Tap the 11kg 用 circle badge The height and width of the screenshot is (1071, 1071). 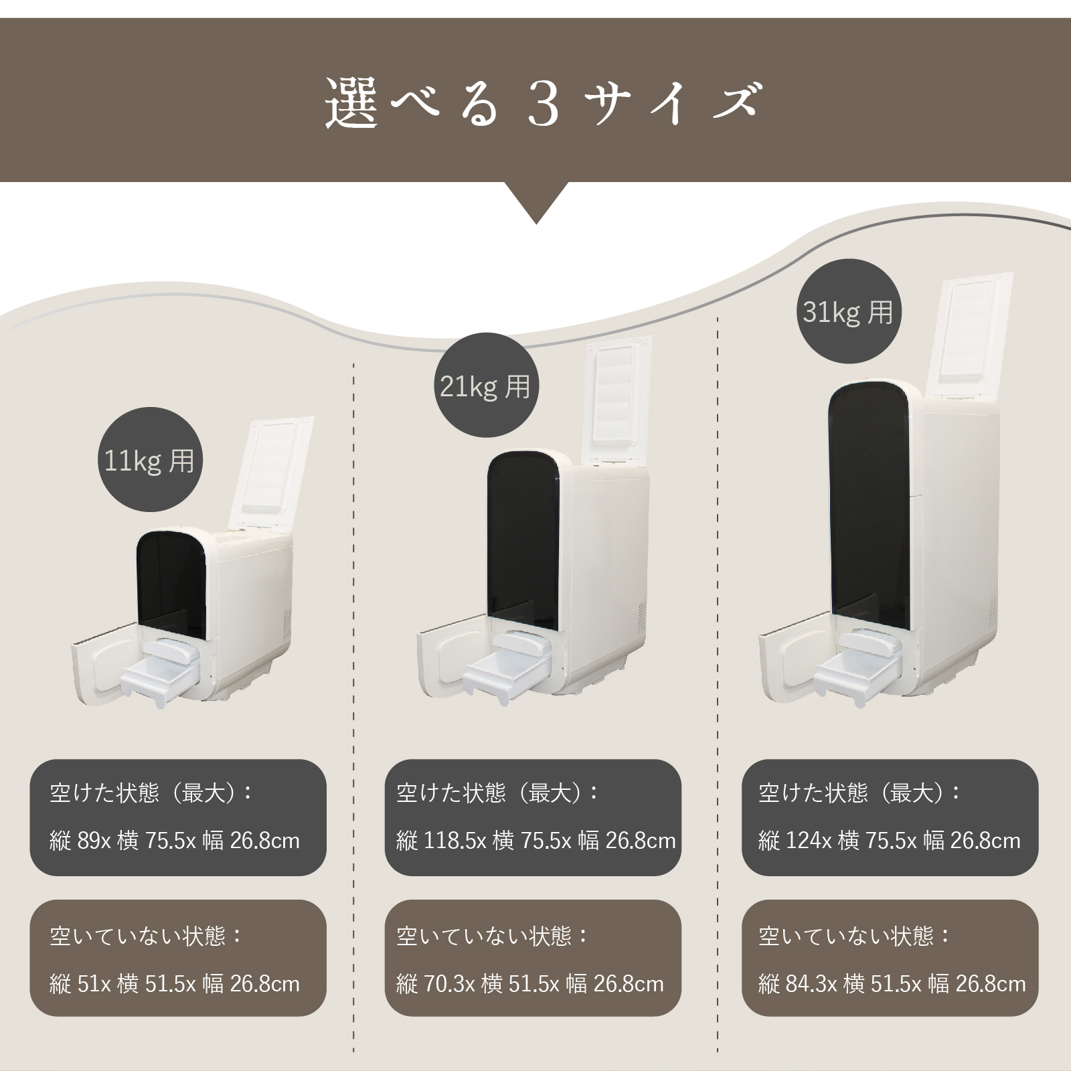(150, 461)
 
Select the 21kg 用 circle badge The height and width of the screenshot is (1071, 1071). (485, 386)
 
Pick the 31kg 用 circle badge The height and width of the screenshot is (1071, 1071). (849, 312)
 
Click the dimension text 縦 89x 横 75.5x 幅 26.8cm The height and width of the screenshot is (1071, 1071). (175, 841)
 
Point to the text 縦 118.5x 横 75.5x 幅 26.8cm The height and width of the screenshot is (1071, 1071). (536, 841)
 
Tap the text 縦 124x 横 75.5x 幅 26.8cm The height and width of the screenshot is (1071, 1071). (889, 841)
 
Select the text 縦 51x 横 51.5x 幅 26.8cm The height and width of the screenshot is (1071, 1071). (175, 984)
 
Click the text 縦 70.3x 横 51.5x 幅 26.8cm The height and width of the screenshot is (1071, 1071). (530, 984)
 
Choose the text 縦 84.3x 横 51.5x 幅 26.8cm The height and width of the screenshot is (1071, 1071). (892, 984)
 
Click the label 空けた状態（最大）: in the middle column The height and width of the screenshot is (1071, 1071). (497, 793)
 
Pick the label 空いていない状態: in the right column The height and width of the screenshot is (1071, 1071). (854, 936)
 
